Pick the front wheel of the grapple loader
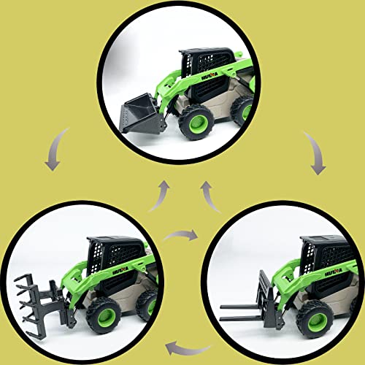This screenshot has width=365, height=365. pyautogui.click(x=104, y=317)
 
